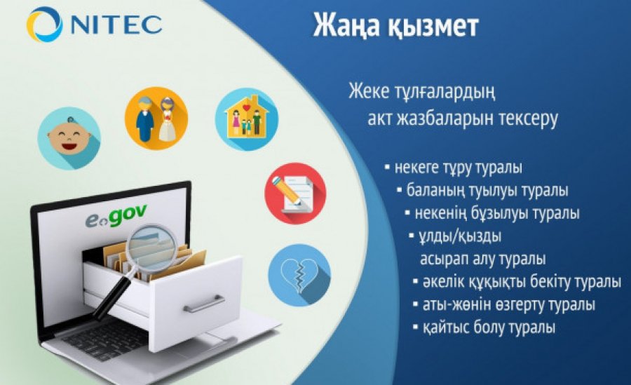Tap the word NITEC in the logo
coord(117,25)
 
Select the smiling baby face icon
coord(69,138)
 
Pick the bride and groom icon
coord(156,119)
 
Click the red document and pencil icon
coord(295,194)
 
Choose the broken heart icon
coord(299,275)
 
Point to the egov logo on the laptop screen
coord(116,216)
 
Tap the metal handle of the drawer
coord(204,304)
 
